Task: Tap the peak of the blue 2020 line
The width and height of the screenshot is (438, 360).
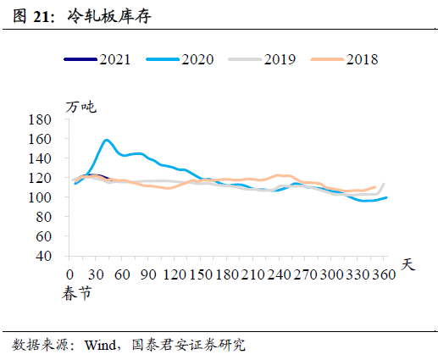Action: click(107, 140)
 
